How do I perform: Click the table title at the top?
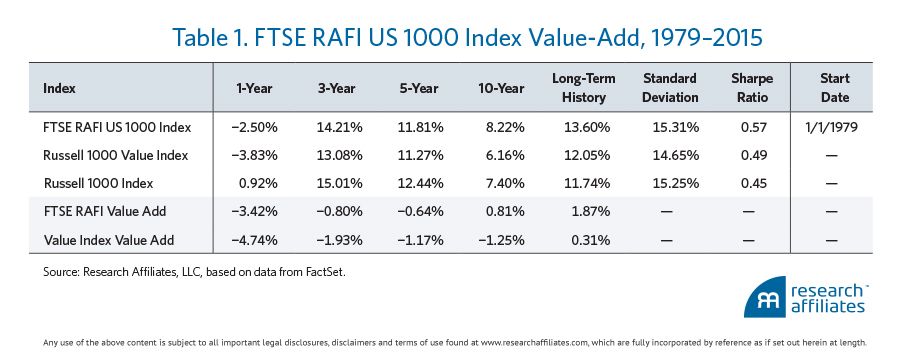pyautogui.click(x=467, y=38)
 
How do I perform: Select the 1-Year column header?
pyautogui.click(x=255, y=88)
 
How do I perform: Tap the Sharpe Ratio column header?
pyautogui.click(x=752, y=88)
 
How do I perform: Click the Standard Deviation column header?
pyautogui.click(x=670, y=88)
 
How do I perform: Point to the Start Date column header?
pyautogui.click(x=835, y=88)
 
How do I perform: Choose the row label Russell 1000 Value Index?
pyautogui.click(x=115, y=155)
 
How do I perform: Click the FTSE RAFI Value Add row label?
pyautogui.click(x=104, y=211)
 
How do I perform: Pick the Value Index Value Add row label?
pyautogui.click(x=108, y=240)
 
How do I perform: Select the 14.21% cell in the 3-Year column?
pyautogui.click(x=339, y=127)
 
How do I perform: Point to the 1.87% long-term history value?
pyautogui.click(x=591, y=211)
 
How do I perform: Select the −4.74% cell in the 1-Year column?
pyautogui.click(x=255, y=240)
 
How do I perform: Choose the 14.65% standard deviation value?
pyautogui.click(x=676, y=155)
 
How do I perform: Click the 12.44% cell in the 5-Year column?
pyautogui.click(x=421, y=183)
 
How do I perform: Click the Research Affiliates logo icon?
pyautogui.click(x=765, y=297)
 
